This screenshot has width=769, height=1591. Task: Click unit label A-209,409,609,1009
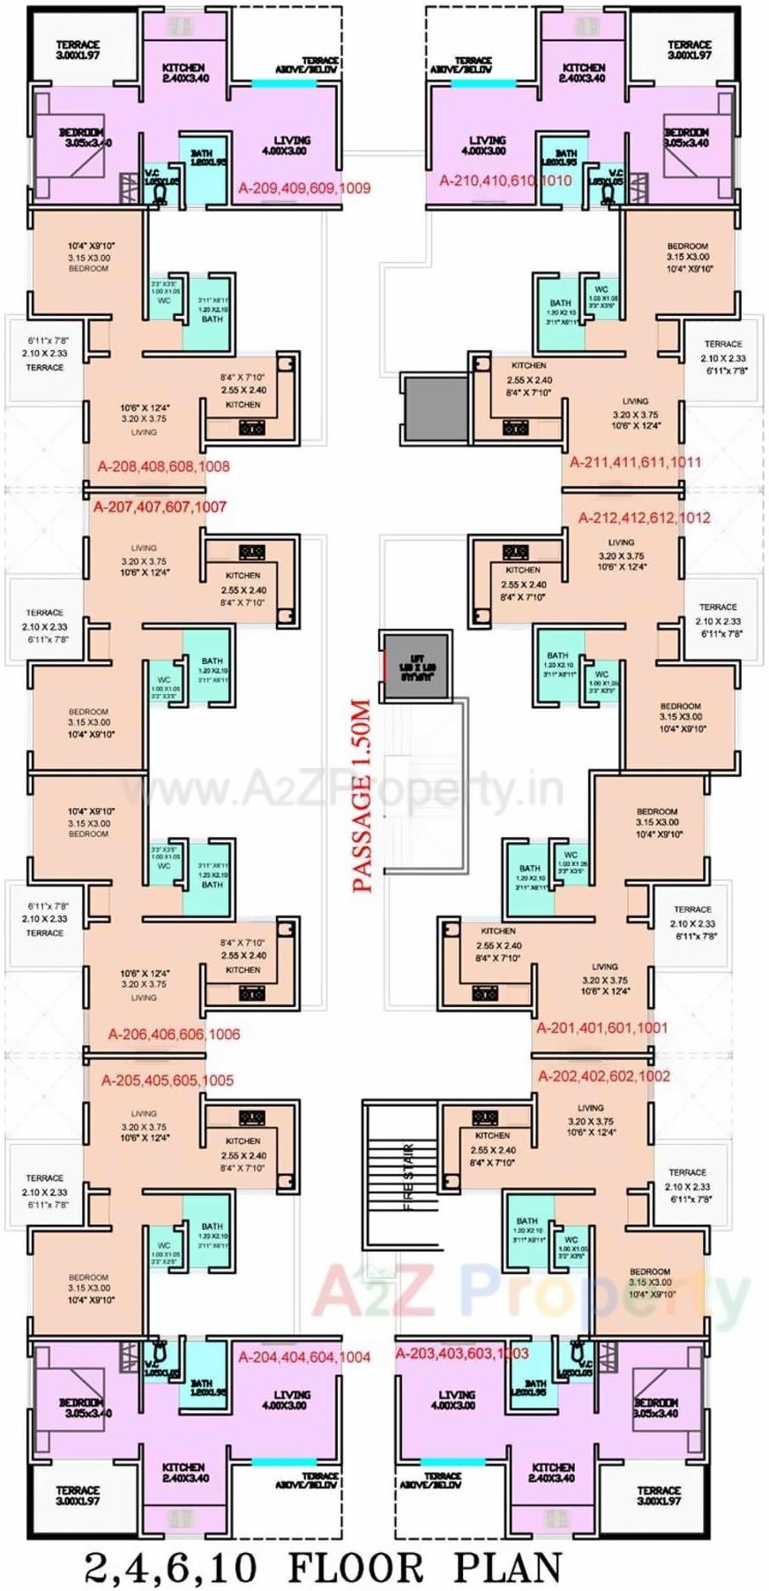(x=304, y=188)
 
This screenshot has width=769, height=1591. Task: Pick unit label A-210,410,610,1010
(x=505, y=181)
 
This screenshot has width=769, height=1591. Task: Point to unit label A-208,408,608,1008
(x=164, y=467)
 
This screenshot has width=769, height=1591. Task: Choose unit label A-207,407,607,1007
(x=160, y=507)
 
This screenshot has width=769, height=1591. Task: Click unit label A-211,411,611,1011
(x=635, y=462)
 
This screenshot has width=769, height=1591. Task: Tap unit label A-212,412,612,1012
(x=644, y=518)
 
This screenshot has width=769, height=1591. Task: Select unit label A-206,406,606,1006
(x=174, y=1034)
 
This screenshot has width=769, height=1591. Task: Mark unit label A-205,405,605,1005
(x=168, y=1080)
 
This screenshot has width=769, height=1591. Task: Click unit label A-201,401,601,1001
(x=602, y=1028)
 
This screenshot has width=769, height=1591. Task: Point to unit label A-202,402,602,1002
(x=604, y=1076)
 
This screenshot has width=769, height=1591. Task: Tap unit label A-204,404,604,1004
(x=304, y=1357)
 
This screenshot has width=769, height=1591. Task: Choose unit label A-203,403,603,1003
(x=462, y=1354)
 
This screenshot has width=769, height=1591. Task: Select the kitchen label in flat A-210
(x=583, y=72)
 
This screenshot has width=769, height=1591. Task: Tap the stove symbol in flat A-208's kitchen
(x=252, y=428)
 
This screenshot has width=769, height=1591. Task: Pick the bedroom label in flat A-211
(x=687, y=258)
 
